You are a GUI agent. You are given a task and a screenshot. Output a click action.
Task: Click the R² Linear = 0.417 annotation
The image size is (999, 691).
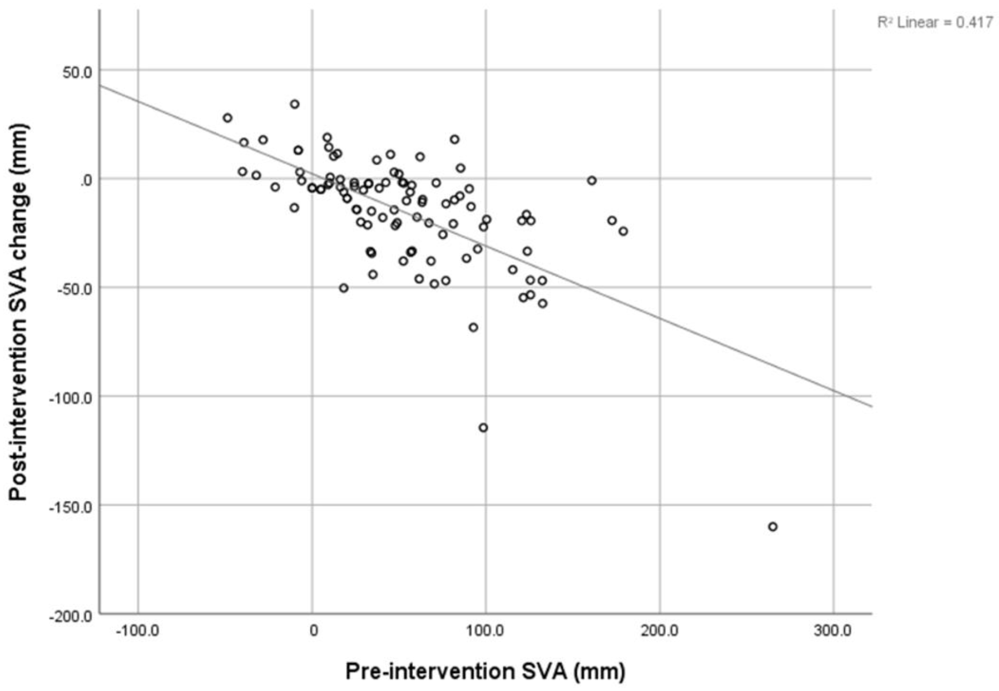(x=935, y=23)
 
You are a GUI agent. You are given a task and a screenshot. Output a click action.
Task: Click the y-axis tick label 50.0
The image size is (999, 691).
(x=77, y=72)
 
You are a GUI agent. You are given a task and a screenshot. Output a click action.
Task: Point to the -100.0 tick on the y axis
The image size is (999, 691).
(x=70, y=398)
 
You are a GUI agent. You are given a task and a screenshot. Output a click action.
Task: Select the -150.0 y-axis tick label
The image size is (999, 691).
(x=70, y=507)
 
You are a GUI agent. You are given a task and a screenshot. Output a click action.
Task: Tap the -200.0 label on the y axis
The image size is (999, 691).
(x=70, y=616)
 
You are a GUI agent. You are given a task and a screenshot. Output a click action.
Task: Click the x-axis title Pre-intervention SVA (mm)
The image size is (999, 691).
(x=485, y=672)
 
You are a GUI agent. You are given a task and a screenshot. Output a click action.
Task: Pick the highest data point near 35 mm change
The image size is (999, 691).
(x=295, y=104)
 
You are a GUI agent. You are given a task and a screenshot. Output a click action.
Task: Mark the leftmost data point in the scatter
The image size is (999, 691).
(x=228, y=118)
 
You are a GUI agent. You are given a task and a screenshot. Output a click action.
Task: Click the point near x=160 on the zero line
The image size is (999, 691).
(x=592, y=180)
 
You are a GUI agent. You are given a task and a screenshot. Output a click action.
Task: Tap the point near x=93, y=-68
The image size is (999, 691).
(x=473, y=327)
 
